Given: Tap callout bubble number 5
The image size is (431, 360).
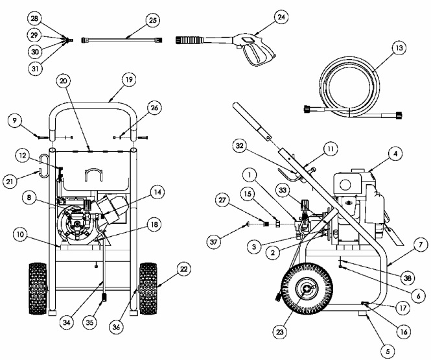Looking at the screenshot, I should tap(389, 351).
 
